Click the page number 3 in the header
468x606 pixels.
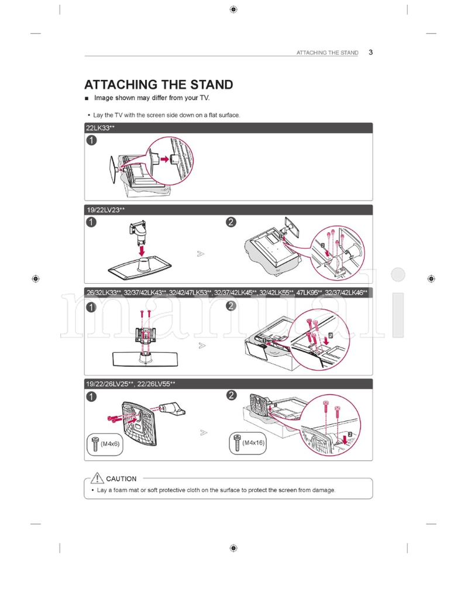tap(371, 52)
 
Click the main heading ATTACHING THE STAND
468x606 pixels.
tap(159, 85)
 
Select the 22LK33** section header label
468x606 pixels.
tap(100, 128)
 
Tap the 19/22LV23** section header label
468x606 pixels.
tap(105, 209)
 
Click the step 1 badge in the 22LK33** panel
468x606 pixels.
tap(91, 140)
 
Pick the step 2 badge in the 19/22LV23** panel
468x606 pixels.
tap(232, 222)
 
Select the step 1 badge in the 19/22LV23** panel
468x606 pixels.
tap(91, 222)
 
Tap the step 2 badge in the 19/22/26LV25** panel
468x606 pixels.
tap(232, 396)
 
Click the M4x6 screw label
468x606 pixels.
tap(110, 445)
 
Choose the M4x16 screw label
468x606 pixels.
tap(253, 443)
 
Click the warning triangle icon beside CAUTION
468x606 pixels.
tap(97, 478)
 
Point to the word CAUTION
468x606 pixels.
tap(121, 478)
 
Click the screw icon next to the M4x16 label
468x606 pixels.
tap(237, 443)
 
